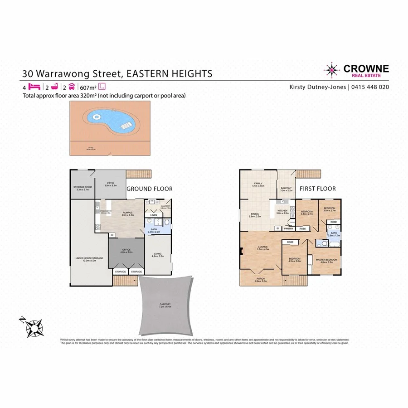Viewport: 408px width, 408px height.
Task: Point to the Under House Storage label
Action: [89, 259]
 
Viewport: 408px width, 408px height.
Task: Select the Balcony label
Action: [286, 189]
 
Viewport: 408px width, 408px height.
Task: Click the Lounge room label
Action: [263, 248]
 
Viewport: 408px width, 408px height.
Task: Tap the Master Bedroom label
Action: [324, 261]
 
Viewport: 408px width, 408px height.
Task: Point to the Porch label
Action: [261, 280]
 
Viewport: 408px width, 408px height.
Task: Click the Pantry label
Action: [288, 228]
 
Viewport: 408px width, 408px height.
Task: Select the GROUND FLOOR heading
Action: [150, 189]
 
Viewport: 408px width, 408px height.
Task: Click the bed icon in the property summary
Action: [34, 87]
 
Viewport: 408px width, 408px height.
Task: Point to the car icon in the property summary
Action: [71, 87]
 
